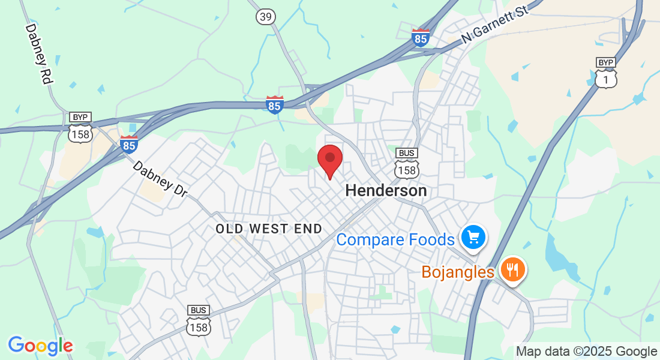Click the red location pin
[329, 160]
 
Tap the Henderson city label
[386, 191]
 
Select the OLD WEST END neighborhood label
[269, 229]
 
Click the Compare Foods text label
[395, 240]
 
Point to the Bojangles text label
[458, 272]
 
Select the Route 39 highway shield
[265, 17]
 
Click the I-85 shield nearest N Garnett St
[421, 38]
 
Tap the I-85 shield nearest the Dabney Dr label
[129, 144]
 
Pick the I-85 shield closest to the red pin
[275, 105]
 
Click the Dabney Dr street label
[160, 179]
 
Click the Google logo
[40, 346]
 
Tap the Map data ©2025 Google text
[586, 352]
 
